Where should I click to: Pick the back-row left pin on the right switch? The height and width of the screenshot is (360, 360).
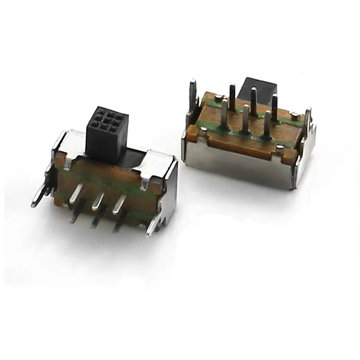point(232,97)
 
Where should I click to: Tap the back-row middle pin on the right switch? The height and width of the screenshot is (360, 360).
point(253,101)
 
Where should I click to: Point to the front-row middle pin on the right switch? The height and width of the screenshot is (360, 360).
point(246,119)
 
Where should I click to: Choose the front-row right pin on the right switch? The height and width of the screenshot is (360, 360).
point(267,124)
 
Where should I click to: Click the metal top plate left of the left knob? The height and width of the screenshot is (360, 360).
point(72,142)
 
